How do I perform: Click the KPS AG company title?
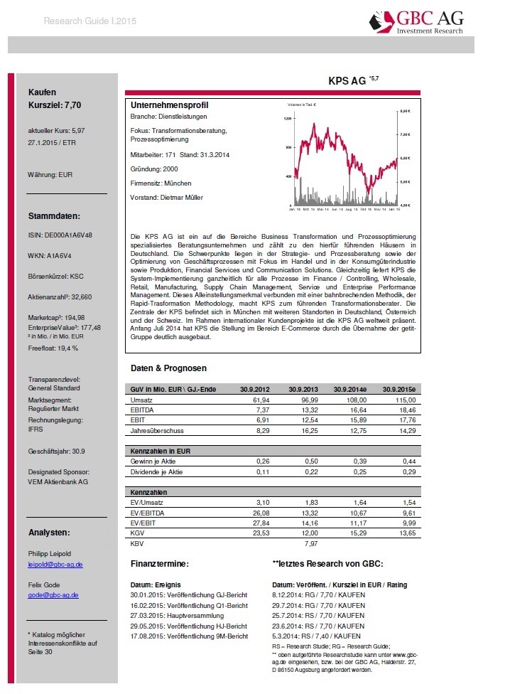click(348, 81)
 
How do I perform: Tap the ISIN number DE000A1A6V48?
click(60, 234)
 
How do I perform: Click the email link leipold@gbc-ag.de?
click(55, 564)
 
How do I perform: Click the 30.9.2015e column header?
click(398, 389)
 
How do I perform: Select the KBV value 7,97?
click(310, 543)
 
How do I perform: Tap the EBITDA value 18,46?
click(403, 412)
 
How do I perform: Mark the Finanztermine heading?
click(159, 563)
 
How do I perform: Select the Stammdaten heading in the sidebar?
click(54, 215)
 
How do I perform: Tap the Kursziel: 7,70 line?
click(55, 105)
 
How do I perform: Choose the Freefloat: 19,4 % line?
click(53, 348)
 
